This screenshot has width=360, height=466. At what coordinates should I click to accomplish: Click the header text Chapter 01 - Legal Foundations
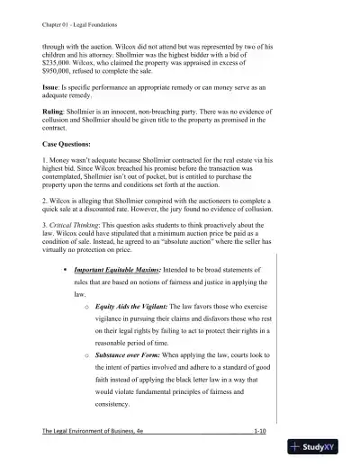point(77,13)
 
